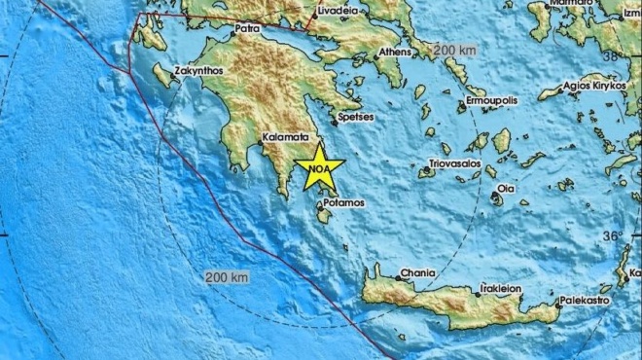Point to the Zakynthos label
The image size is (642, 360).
(x=198, y=71)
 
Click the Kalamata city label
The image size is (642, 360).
(x=286, y=138)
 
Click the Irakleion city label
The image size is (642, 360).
(x=501, y=288)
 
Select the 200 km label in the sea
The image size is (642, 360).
(x=227, y=277)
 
